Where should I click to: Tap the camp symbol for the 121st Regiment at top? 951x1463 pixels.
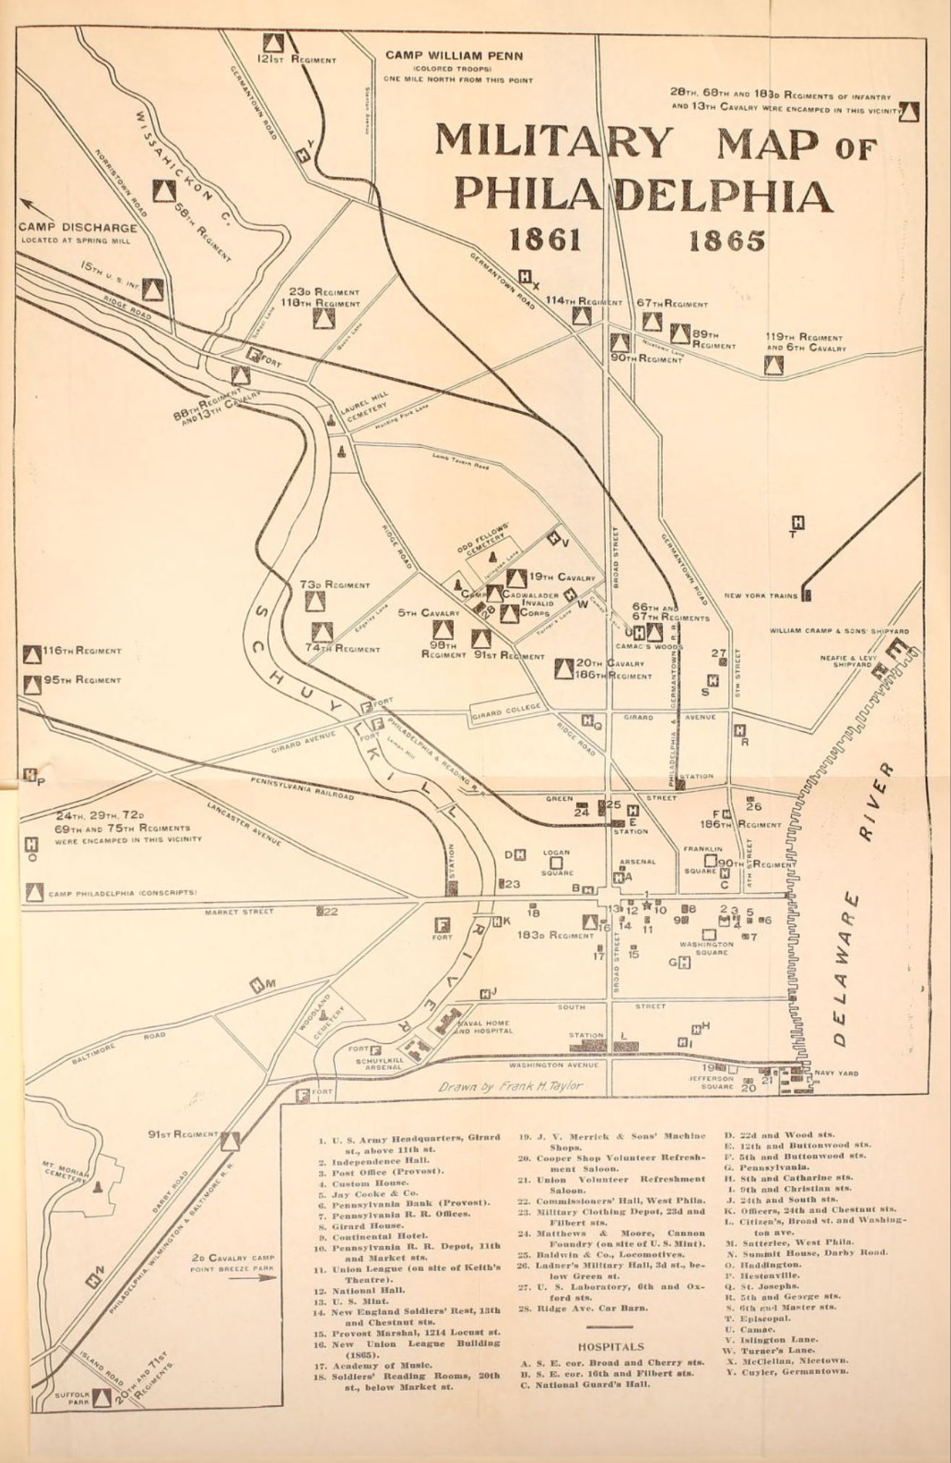[x=271, y=42]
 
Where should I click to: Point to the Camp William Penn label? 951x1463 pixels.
[x=454, y=55]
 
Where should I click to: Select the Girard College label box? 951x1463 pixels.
[x=506, y=712]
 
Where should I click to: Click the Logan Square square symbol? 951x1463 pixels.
[x=556, y=863]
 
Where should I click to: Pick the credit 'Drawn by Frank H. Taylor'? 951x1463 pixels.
[x=510, y=1086]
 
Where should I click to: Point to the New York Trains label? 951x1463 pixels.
[x=761, y=596]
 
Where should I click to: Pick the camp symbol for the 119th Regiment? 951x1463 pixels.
[x=773, y=365]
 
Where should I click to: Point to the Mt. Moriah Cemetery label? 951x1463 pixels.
[x=65, y=1171]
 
